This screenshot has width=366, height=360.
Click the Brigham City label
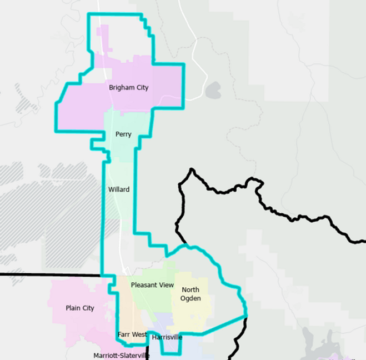coord(128,87)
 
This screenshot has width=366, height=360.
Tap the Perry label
coord(123,134)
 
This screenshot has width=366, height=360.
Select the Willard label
coord(119,189)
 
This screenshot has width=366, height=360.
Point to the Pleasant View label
coord(152,285)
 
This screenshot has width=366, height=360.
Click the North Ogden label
coord(190,294)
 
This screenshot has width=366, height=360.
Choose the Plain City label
coord(80,308)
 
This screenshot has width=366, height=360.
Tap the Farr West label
coord(132,334)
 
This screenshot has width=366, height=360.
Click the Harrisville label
coord(167,337)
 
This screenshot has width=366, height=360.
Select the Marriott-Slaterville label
coord(121,356)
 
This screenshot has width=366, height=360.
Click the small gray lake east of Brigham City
coord(213,91)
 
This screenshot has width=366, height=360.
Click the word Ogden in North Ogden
coord(190,298)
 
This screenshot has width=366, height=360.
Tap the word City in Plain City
coord(88,308)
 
